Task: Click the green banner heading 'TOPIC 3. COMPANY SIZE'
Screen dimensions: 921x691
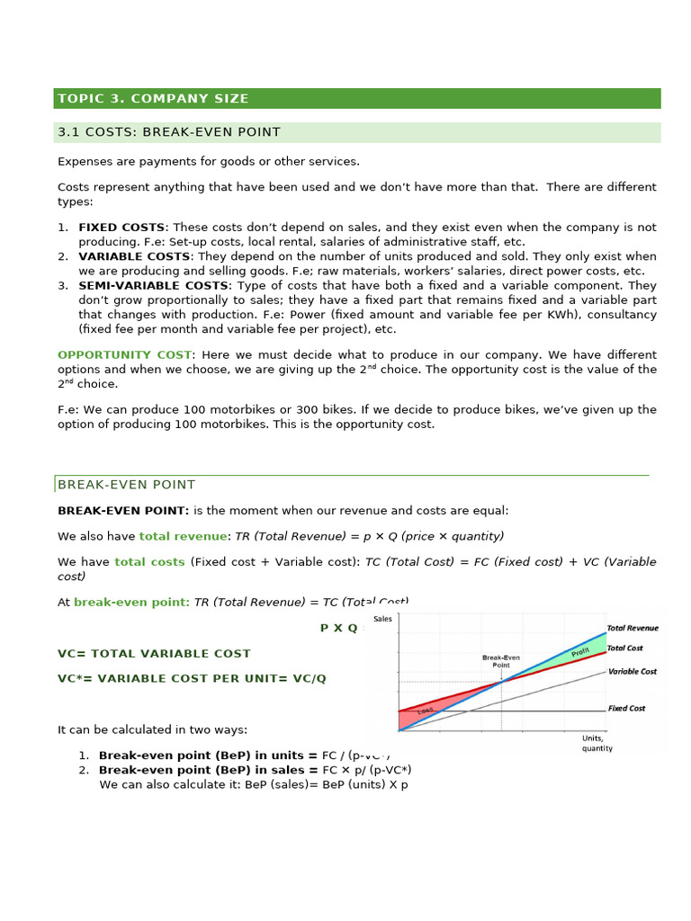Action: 153,99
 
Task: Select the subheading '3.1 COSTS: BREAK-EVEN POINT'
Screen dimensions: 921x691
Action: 169,132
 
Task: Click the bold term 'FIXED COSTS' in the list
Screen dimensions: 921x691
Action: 121,228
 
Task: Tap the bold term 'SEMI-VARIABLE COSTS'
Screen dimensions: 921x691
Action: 153,285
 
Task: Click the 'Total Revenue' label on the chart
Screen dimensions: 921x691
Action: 632,629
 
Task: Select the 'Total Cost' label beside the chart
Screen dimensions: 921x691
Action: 624,648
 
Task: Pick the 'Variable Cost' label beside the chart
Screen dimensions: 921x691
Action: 632,672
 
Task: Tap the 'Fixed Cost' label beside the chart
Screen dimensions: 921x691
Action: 626,709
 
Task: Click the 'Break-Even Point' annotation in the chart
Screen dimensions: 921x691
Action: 501,661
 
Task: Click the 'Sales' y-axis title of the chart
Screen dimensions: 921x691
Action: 383,620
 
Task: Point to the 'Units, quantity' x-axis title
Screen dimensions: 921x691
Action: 597,743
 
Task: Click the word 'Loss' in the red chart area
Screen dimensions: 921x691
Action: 425,711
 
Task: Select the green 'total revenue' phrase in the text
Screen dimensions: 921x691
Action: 183,536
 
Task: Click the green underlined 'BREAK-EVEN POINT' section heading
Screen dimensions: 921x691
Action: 126,485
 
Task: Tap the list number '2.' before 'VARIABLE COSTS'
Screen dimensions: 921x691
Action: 63,256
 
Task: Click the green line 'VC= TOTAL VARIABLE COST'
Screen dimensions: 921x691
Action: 154,654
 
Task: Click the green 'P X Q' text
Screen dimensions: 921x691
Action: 338,628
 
